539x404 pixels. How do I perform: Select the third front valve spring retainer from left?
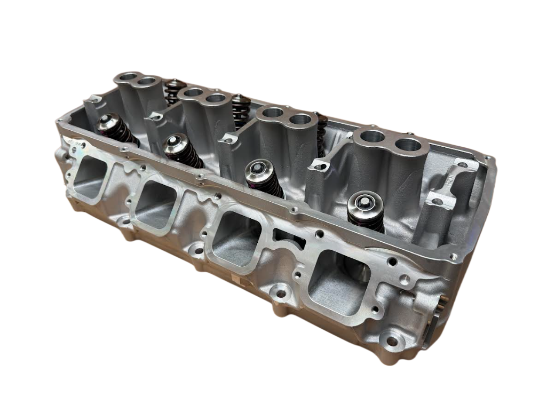[x=258, y=170]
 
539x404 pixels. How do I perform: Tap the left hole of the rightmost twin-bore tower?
[x=370, y=137]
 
